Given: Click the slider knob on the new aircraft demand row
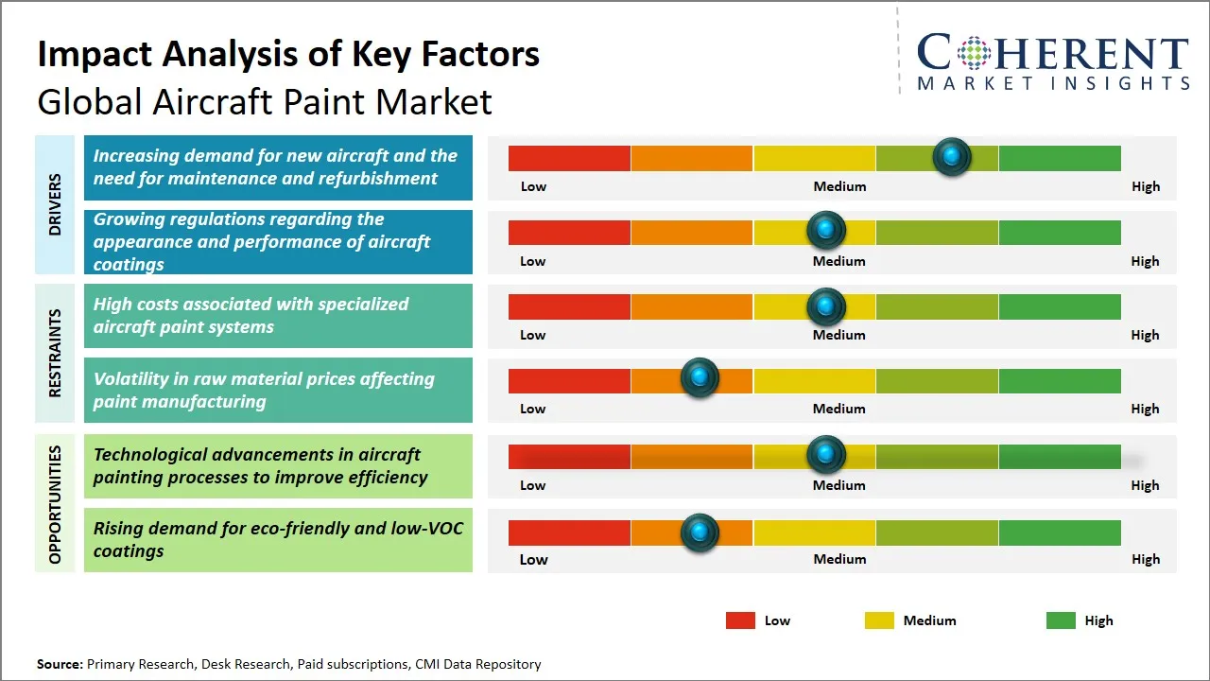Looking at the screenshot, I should pos(952,156).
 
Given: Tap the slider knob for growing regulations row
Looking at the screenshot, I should pos(826,230).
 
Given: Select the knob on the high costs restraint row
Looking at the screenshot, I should pos(826,306).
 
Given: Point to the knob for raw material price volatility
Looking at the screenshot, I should pos(700,378).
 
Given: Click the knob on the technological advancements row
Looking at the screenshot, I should pos(826,455).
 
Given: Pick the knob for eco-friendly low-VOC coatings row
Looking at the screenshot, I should pos(700,533).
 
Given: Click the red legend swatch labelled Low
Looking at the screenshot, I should pos(740,620).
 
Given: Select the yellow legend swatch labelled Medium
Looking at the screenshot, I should pos(879,620).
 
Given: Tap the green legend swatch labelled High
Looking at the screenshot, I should pos(1061,620).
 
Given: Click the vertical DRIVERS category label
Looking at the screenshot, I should pos(55,204).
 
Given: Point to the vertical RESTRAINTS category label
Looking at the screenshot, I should pos(55,353).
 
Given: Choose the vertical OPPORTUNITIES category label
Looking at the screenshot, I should pos(55,504).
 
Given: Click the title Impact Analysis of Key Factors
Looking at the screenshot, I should pos(288,54).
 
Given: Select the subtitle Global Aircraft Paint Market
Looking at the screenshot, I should pos(265,101).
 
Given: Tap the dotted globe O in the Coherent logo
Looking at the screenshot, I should pos(973,53).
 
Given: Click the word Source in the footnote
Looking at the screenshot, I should pos(59,664).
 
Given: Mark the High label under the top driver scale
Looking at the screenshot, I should pos(1145,186).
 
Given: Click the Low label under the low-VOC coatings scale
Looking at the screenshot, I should pos(533,559).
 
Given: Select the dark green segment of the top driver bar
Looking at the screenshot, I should pos(1059,158).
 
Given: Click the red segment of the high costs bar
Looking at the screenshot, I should pos(569,306).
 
